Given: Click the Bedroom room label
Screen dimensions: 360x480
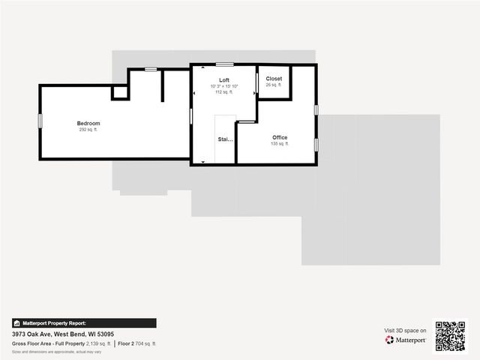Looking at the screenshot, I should (x=88, y=123).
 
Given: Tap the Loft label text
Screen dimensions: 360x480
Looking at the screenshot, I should (x=224, y=79).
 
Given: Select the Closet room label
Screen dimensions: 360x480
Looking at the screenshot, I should (x=274, y=79).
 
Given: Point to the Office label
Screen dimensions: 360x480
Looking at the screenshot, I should (x=280, y=137).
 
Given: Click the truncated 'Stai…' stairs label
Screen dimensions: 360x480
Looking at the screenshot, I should (x=225, y=139).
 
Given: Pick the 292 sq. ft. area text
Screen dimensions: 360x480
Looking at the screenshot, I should (x=88, y=130).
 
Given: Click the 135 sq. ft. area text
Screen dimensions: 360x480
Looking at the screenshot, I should (x=280, y=144).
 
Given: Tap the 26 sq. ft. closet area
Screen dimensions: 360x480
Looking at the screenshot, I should (x=274, y=85).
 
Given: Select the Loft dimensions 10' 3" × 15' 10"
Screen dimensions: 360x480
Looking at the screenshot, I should (x=224, y=86).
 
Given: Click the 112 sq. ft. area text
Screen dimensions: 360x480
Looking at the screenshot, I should (x=224, y=92).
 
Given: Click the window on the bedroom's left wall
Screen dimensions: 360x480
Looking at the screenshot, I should (x=40, y=120).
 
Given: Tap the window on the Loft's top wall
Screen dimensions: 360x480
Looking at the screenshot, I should (x=224, y=64).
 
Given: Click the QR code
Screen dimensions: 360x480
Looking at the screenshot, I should (x=450, y=336).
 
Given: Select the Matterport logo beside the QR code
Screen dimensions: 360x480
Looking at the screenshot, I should (x=406, y=340).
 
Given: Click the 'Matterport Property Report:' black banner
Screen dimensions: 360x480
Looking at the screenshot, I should (x=84, y=323).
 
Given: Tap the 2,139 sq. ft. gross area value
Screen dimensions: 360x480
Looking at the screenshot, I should (x=98, y=343).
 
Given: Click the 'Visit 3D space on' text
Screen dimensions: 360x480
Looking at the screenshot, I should (x=405, y=330).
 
